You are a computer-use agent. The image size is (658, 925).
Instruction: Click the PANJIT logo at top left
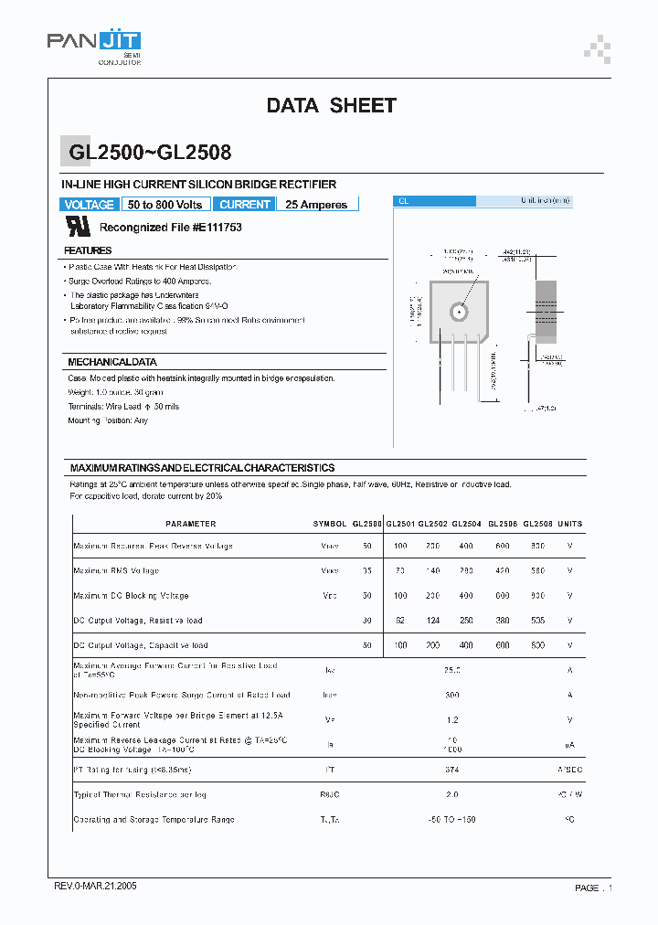[x=93, y=42]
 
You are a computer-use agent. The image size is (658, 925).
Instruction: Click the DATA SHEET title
[x=331, y=106]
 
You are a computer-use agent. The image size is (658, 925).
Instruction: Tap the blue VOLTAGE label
[x=90, y=205]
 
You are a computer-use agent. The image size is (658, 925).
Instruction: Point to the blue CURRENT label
[x=245, y=205]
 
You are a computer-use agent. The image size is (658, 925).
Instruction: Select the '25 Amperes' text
[x=316, y=205]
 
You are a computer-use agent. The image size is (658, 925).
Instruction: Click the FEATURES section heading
[x=88, y=250]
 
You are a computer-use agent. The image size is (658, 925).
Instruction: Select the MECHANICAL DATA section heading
[x=112, y=362]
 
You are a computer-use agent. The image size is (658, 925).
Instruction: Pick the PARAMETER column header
[x=191, y=524]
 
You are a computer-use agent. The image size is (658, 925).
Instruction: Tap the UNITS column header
[x=569, y=524]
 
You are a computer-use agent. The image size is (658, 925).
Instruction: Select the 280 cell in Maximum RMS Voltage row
[x=466, y=570]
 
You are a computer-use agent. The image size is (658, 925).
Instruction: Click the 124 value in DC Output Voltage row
[x=432, y=621]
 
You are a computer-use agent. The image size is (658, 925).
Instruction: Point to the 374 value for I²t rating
[x=451, y=771]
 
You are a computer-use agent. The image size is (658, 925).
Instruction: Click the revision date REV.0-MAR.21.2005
[x=95, y=888]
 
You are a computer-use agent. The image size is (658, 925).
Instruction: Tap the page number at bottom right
[x=593, y=888]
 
